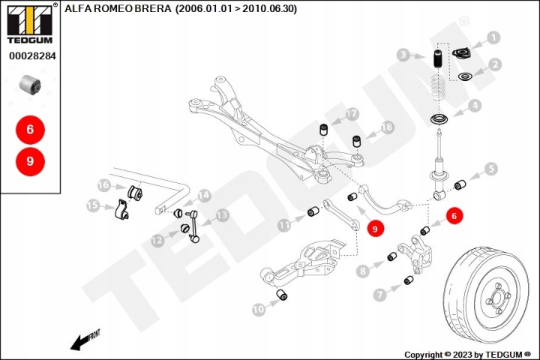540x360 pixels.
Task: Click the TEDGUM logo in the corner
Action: (30, 23)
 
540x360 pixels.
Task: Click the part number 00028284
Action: (32, 55)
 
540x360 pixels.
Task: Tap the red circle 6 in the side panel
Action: (30, 130)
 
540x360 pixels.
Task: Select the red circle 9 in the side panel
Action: (30, 161)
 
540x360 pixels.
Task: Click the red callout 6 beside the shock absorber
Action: (454, 216)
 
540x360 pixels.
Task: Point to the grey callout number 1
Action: (493, 37)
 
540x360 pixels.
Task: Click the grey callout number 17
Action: (352, 114)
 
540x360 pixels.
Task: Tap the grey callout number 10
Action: (259, 309)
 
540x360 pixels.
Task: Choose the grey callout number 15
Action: (93, 205)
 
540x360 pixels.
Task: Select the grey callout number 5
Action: (490, 169)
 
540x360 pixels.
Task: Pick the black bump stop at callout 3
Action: (437, 61)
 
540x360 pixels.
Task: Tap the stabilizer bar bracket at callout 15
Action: (121, 209)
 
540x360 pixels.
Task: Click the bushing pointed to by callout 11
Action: (313, 211)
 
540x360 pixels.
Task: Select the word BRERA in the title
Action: (152, 8)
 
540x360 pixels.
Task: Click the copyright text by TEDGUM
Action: (467, 355)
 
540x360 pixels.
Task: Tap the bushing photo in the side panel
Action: (30, 85)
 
